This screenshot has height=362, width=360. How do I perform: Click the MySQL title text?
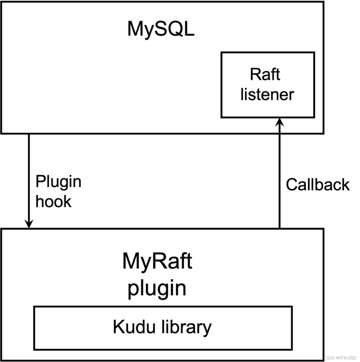coord(161,29)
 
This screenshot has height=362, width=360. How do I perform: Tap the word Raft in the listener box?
coord(265,74)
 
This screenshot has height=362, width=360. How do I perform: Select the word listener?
coord(267,94)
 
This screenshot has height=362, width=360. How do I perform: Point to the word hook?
coord(54,201)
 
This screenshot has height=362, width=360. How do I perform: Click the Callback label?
coord(318,185)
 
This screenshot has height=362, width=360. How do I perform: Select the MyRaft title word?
coord(157,261)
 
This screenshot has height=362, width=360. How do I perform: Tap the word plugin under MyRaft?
coord(157,288)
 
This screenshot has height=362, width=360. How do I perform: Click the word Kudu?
coord(134,327)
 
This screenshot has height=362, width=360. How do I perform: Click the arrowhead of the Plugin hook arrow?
coord(29,224)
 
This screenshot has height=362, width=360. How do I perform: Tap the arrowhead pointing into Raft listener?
coord(280,122)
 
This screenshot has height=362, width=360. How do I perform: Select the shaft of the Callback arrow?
coord(280,173)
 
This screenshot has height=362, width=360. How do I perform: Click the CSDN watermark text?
coord(340,358)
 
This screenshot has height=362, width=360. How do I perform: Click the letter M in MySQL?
coord(135,28)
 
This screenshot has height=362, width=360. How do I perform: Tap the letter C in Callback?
coord(292,185)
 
